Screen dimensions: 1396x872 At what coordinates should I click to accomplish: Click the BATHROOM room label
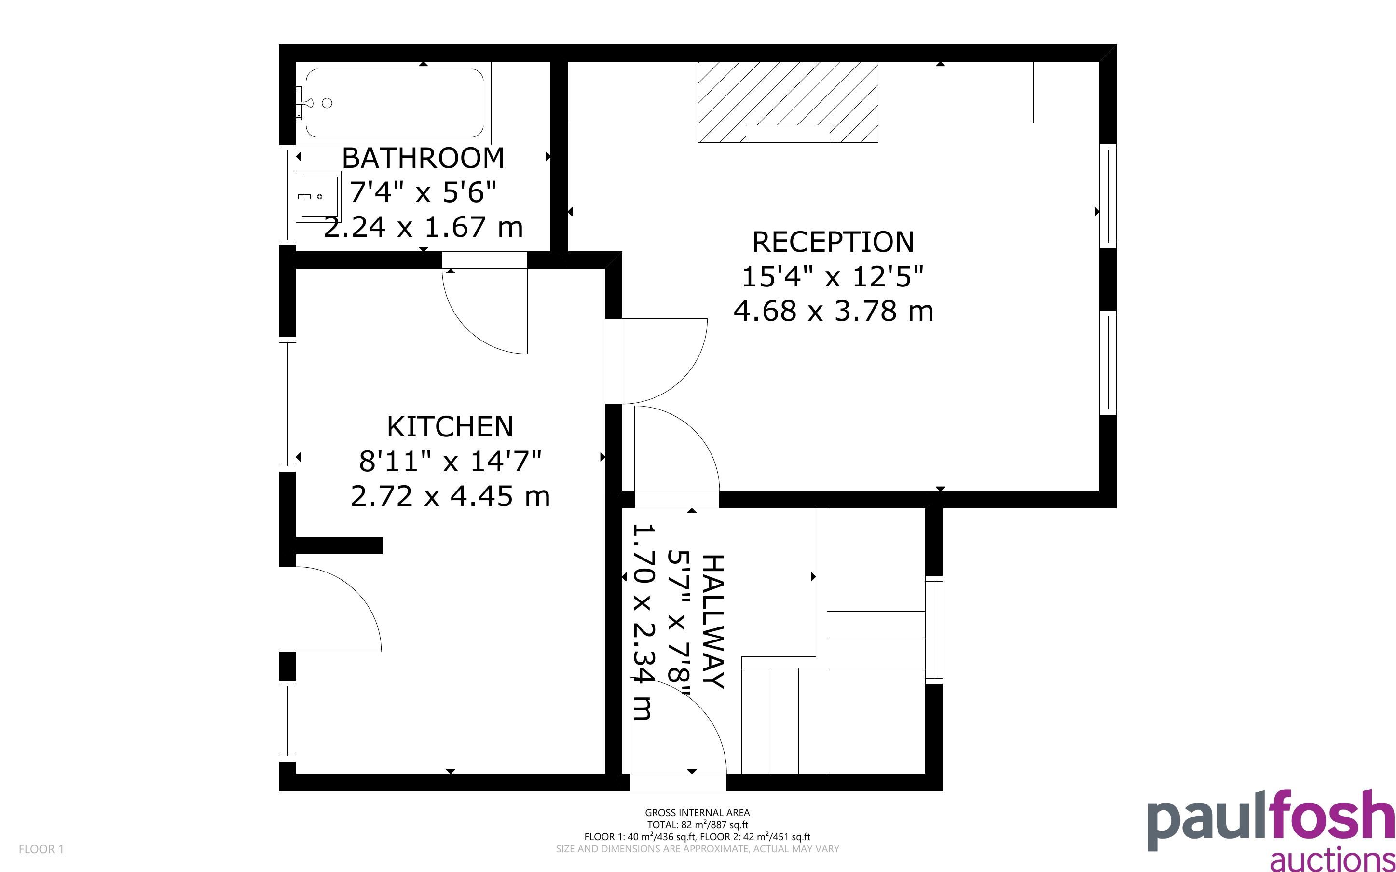423,158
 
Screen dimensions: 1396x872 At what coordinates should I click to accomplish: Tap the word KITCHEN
450,427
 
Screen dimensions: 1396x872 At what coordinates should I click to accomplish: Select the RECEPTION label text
833,242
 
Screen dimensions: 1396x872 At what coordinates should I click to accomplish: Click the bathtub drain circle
327,103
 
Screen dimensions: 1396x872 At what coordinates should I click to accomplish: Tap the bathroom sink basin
318,197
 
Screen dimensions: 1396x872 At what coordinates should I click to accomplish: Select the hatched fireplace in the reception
788,102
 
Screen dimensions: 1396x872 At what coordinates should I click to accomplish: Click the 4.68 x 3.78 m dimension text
833,312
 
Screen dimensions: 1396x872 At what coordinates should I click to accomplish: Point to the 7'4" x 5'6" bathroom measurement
423,192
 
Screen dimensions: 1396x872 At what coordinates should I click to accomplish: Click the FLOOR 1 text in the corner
41,849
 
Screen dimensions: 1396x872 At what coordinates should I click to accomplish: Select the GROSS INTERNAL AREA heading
697,813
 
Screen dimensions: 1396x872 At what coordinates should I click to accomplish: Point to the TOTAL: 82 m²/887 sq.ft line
697,825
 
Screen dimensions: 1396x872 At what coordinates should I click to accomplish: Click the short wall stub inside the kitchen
339,545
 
